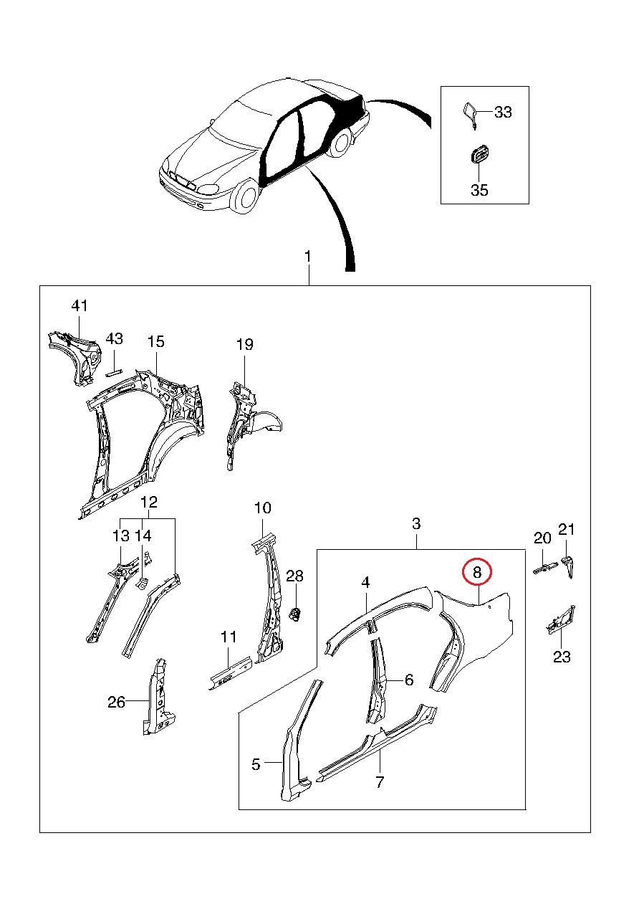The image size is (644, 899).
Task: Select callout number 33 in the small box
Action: point(503,112)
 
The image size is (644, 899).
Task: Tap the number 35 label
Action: point(479,190)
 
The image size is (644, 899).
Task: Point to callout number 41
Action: point(79,306)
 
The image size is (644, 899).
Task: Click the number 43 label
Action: point(115,338)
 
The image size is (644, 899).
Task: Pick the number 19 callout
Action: point(244,345)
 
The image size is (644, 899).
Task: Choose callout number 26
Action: point(116,702)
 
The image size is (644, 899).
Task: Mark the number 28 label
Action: point(295,575)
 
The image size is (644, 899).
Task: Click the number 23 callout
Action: point(562,656)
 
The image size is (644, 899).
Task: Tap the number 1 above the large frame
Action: point(307,257)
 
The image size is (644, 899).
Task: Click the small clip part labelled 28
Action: point(294,613)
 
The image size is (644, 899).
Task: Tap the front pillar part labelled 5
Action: point(295,746)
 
